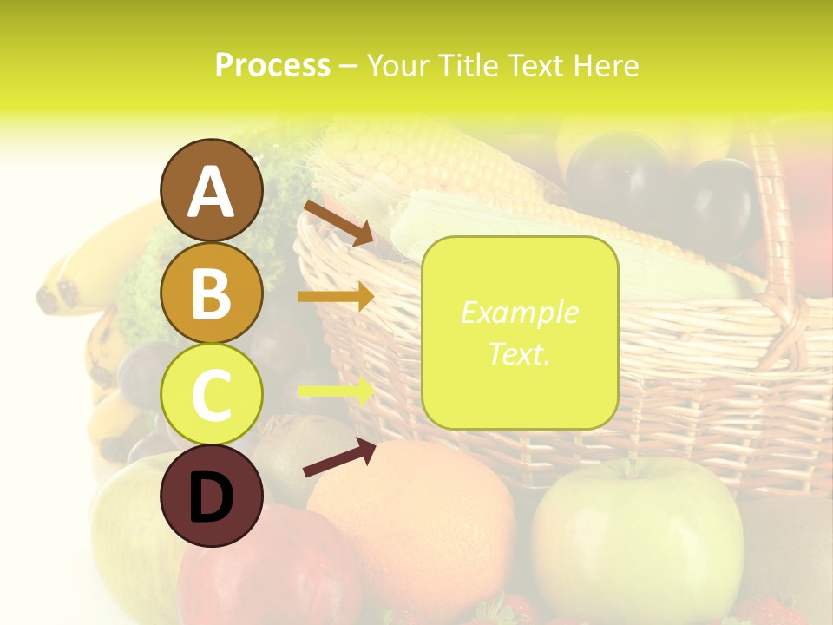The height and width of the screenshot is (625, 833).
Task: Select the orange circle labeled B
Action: (x=211, y=293)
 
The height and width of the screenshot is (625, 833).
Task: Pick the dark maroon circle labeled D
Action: (x=211, y=496)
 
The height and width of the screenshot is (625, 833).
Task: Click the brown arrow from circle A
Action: (x=338, y=222)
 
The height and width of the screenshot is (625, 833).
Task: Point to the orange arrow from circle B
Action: (x=335, y=297)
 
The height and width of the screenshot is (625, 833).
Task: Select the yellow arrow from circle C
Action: (x=336, y=391)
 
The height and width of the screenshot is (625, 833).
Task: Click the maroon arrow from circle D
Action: (x=339, y=457)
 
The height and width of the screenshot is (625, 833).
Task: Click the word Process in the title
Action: (x=272, y=65)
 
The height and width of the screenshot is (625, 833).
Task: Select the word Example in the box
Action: (x=519, y=312)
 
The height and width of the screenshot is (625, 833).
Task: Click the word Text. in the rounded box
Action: (x=519, y=354)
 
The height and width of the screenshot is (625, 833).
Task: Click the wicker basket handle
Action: (x=772, y=217)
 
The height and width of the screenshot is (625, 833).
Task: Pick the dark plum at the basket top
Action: (x=720, y=204)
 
